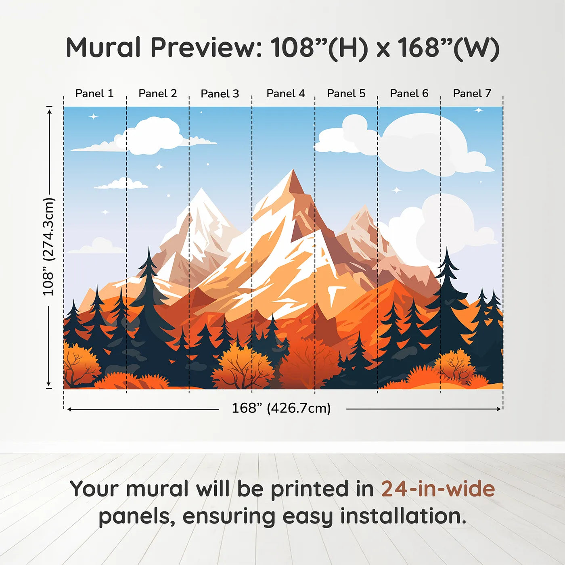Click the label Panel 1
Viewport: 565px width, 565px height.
(x=94, y=94)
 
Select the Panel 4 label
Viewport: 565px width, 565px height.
(x=286, y=94)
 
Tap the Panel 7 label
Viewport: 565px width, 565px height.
(x=472, y=94)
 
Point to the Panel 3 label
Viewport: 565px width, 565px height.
(x=220, y=94)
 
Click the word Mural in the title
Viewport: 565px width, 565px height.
(x=103, y=48)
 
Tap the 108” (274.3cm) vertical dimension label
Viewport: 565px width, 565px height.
(x=48, y=247)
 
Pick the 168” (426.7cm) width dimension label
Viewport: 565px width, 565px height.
(x=281, y=408)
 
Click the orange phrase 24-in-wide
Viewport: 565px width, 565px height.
(x=438, y=489)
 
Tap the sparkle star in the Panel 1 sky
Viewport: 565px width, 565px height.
(x=94, y=117)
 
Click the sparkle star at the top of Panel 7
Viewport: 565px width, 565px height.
(x=479, y=110)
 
